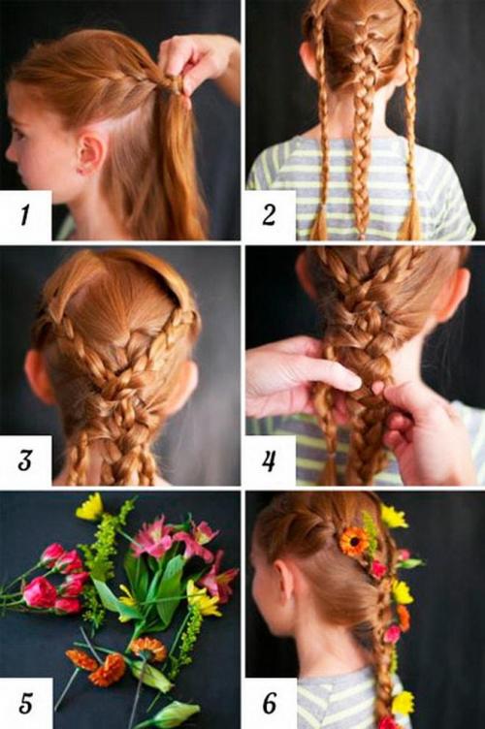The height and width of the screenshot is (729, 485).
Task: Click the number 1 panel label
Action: pos(24,214)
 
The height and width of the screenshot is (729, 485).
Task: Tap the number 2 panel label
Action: pos(269,215)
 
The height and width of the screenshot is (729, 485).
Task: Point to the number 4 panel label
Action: pos(269,460)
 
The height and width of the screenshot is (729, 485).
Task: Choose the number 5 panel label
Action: pos(26,703)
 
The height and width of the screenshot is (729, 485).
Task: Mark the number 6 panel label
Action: pos(270,703)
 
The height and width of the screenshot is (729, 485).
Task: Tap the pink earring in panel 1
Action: pos(84,171)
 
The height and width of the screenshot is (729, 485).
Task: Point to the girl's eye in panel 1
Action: pos(18,135)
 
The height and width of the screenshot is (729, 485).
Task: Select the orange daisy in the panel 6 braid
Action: pos(354,541)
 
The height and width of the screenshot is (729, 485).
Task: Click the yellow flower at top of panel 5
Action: pos(90,507)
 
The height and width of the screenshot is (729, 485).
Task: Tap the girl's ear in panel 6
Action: pos(283,583)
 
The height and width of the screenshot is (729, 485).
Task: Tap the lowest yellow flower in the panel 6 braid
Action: pos(403,704)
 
